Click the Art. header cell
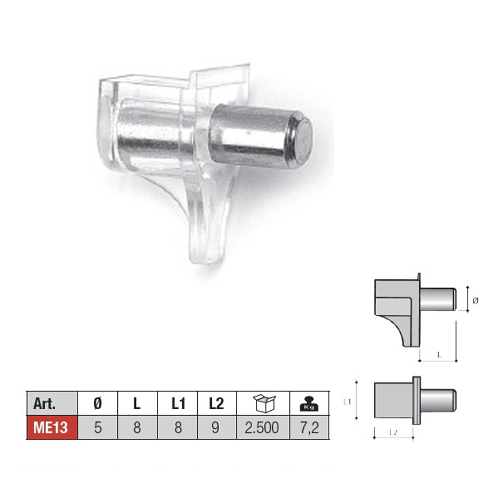point(52,403)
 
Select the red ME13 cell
point(52,428)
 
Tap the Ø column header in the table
point(97,403)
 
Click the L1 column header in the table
point(178,404)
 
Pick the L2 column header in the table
point(216,404)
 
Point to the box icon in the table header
point(264,403)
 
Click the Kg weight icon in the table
point(309,404)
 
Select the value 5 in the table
point(98,428)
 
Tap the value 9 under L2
point(216,428)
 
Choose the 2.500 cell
point(262,428)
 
